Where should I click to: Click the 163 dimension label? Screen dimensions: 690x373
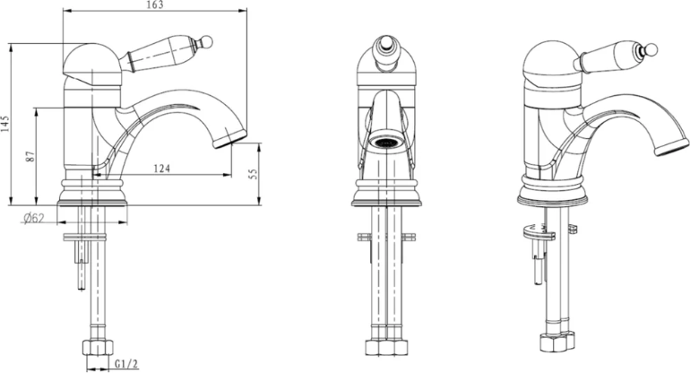coord(154,4)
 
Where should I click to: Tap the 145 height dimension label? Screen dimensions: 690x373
coord(4,125)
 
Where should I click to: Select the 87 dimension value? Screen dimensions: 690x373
coord(30,156)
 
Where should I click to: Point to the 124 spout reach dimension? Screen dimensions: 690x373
coord(161,169)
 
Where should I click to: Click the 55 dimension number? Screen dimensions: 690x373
coord(253,173)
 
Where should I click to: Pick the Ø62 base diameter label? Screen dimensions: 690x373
coord(34,218)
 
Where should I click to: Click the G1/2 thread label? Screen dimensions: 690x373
coord(126,364)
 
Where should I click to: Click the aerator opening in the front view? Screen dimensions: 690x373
coord(386,143)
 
